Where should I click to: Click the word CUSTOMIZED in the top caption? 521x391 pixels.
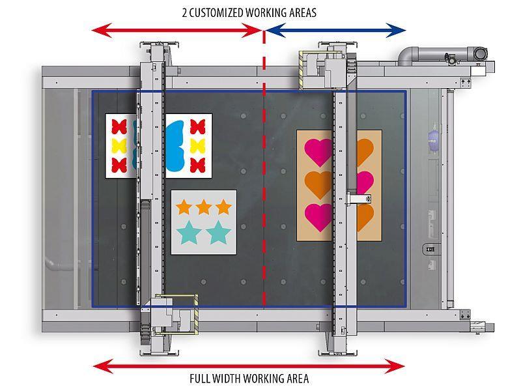216,12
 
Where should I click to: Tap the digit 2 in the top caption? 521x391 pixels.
184,12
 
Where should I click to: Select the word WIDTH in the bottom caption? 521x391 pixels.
227,379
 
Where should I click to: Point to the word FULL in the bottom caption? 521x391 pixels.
200,379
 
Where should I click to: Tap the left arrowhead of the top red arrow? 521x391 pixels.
102,30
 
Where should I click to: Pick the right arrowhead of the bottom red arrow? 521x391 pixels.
395,366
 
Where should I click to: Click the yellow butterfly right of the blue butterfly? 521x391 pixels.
197,145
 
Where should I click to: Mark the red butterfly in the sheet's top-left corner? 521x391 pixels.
119,126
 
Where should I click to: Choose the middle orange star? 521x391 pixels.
203,207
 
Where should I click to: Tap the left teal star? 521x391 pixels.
189,232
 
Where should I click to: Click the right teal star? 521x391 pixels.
218,232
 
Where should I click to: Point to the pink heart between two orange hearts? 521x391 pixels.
365,182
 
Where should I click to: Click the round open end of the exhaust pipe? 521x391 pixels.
480,53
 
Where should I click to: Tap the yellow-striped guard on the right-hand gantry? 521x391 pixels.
302,70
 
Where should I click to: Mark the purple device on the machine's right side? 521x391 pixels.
434,141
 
